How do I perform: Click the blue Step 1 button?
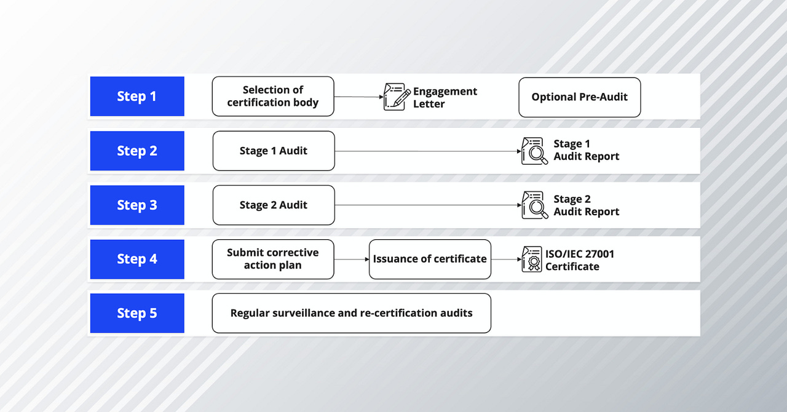coord(137,97)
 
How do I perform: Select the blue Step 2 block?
coord(137,151)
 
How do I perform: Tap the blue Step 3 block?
coord(137,205)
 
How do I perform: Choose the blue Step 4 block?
coord(137,259)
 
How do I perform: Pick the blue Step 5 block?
coord(137,313)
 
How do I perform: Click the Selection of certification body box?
coord(273,97)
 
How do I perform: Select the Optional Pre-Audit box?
coord(579,97)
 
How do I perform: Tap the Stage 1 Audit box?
coord(274,151)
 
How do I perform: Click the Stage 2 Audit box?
coord(274,205)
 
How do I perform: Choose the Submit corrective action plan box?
coord(273,259)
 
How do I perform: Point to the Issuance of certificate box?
coord(430,259)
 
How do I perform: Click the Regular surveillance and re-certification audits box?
coord(351,313)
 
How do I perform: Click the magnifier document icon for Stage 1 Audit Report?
coord(534,151)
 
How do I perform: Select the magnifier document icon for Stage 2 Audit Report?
coord(534,205)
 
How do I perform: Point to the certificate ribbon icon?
coord(532,259)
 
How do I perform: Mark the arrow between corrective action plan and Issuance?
coord(352,259)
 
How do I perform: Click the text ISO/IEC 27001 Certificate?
coord(579,260)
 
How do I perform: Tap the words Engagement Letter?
coord(445,97)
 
